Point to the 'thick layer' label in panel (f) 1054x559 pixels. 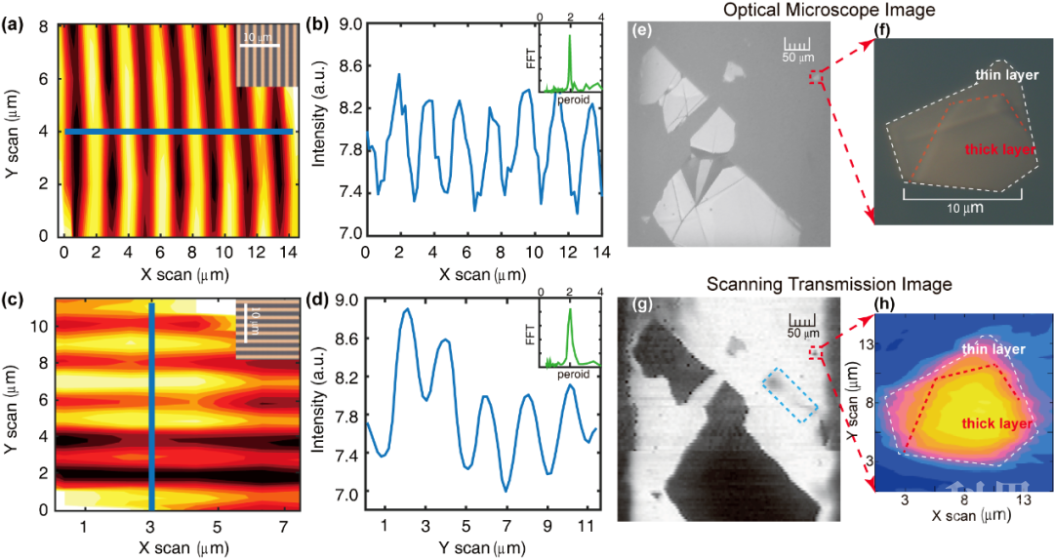pyautogui.click(x=1000, y=149)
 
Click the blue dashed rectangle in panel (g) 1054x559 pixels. pyautogui.click(x=791, y=394)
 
